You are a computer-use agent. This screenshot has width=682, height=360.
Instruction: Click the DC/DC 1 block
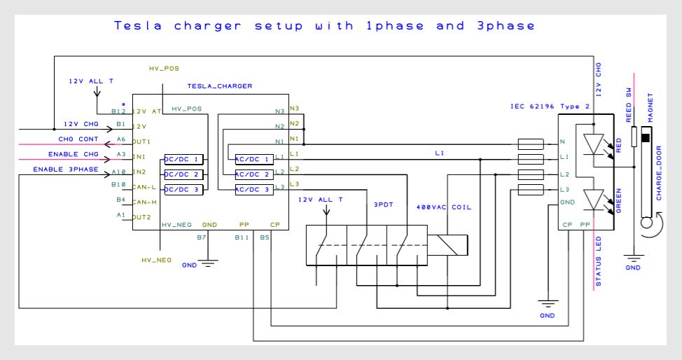pos(184,159)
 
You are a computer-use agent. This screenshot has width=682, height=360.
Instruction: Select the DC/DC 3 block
pos(184,190)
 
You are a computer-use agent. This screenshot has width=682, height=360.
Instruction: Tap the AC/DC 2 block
pos(253,174)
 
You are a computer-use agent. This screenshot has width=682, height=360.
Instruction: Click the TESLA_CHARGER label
pos(220,85)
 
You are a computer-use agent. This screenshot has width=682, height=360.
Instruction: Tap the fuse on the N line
pos(531,144)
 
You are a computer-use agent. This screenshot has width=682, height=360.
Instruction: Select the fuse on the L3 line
pos(531,190)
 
